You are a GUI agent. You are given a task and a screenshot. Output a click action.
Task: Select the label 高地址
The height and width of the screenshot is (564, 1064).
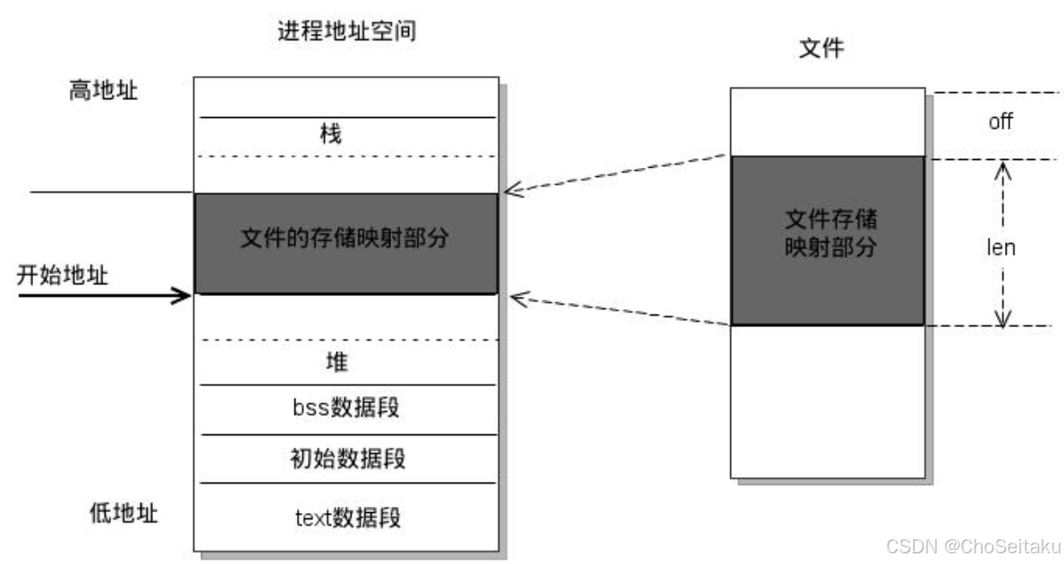tap(104, 91)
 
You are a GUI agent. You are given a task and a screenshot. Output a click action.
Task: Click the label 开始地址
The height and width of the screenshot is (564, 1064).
tap(63, 275)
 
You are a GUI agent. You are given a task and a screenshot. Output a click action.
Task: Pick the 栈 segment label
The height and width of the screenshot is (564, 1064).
tap(330, 135)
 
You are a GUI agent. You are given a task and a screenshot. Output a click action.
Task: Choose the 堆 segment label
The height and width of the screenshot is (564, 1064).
tap(336, 363)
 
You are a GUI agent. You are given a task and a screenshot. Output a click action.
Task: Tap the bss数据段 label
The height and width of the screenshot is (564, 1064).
tap(345, 408)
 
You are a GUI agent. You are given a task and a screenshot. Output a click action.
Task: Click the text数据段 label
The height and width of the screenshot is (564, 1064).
tap(346, 517)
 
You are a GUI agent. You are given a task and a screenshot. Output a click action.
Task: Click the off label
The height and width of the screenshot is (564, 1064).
tap(1000, 122)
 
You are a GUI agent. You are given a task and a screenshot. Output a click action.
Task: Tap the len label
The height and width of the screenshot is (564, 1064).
tap(1000, 248)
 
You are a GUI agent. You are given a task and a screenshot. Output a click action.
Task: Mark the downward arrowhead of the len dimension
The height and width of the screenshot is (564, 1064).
tap(1002, 319)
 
